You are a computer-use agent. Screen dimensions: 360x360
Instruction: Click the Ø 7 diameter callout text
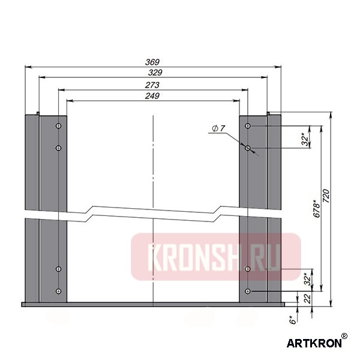(218, 128)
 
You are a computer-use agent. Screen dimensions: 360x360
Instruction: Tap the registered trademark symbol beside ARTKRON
(344, 337)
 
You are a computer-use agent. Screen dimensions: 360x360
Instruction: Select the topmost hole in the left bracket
(58, 126)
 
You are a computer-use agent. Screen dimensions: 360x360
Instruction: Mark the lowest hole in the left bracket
(58, 291)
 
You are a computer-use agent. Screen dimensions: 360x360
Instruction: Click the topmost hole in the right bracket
(247, 126)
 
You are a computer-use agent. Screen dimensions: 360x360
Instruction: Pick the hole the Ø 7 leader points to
(247, 147)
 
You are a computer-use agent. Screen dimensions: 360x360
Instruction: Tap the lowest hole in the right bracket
(247, 291)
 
